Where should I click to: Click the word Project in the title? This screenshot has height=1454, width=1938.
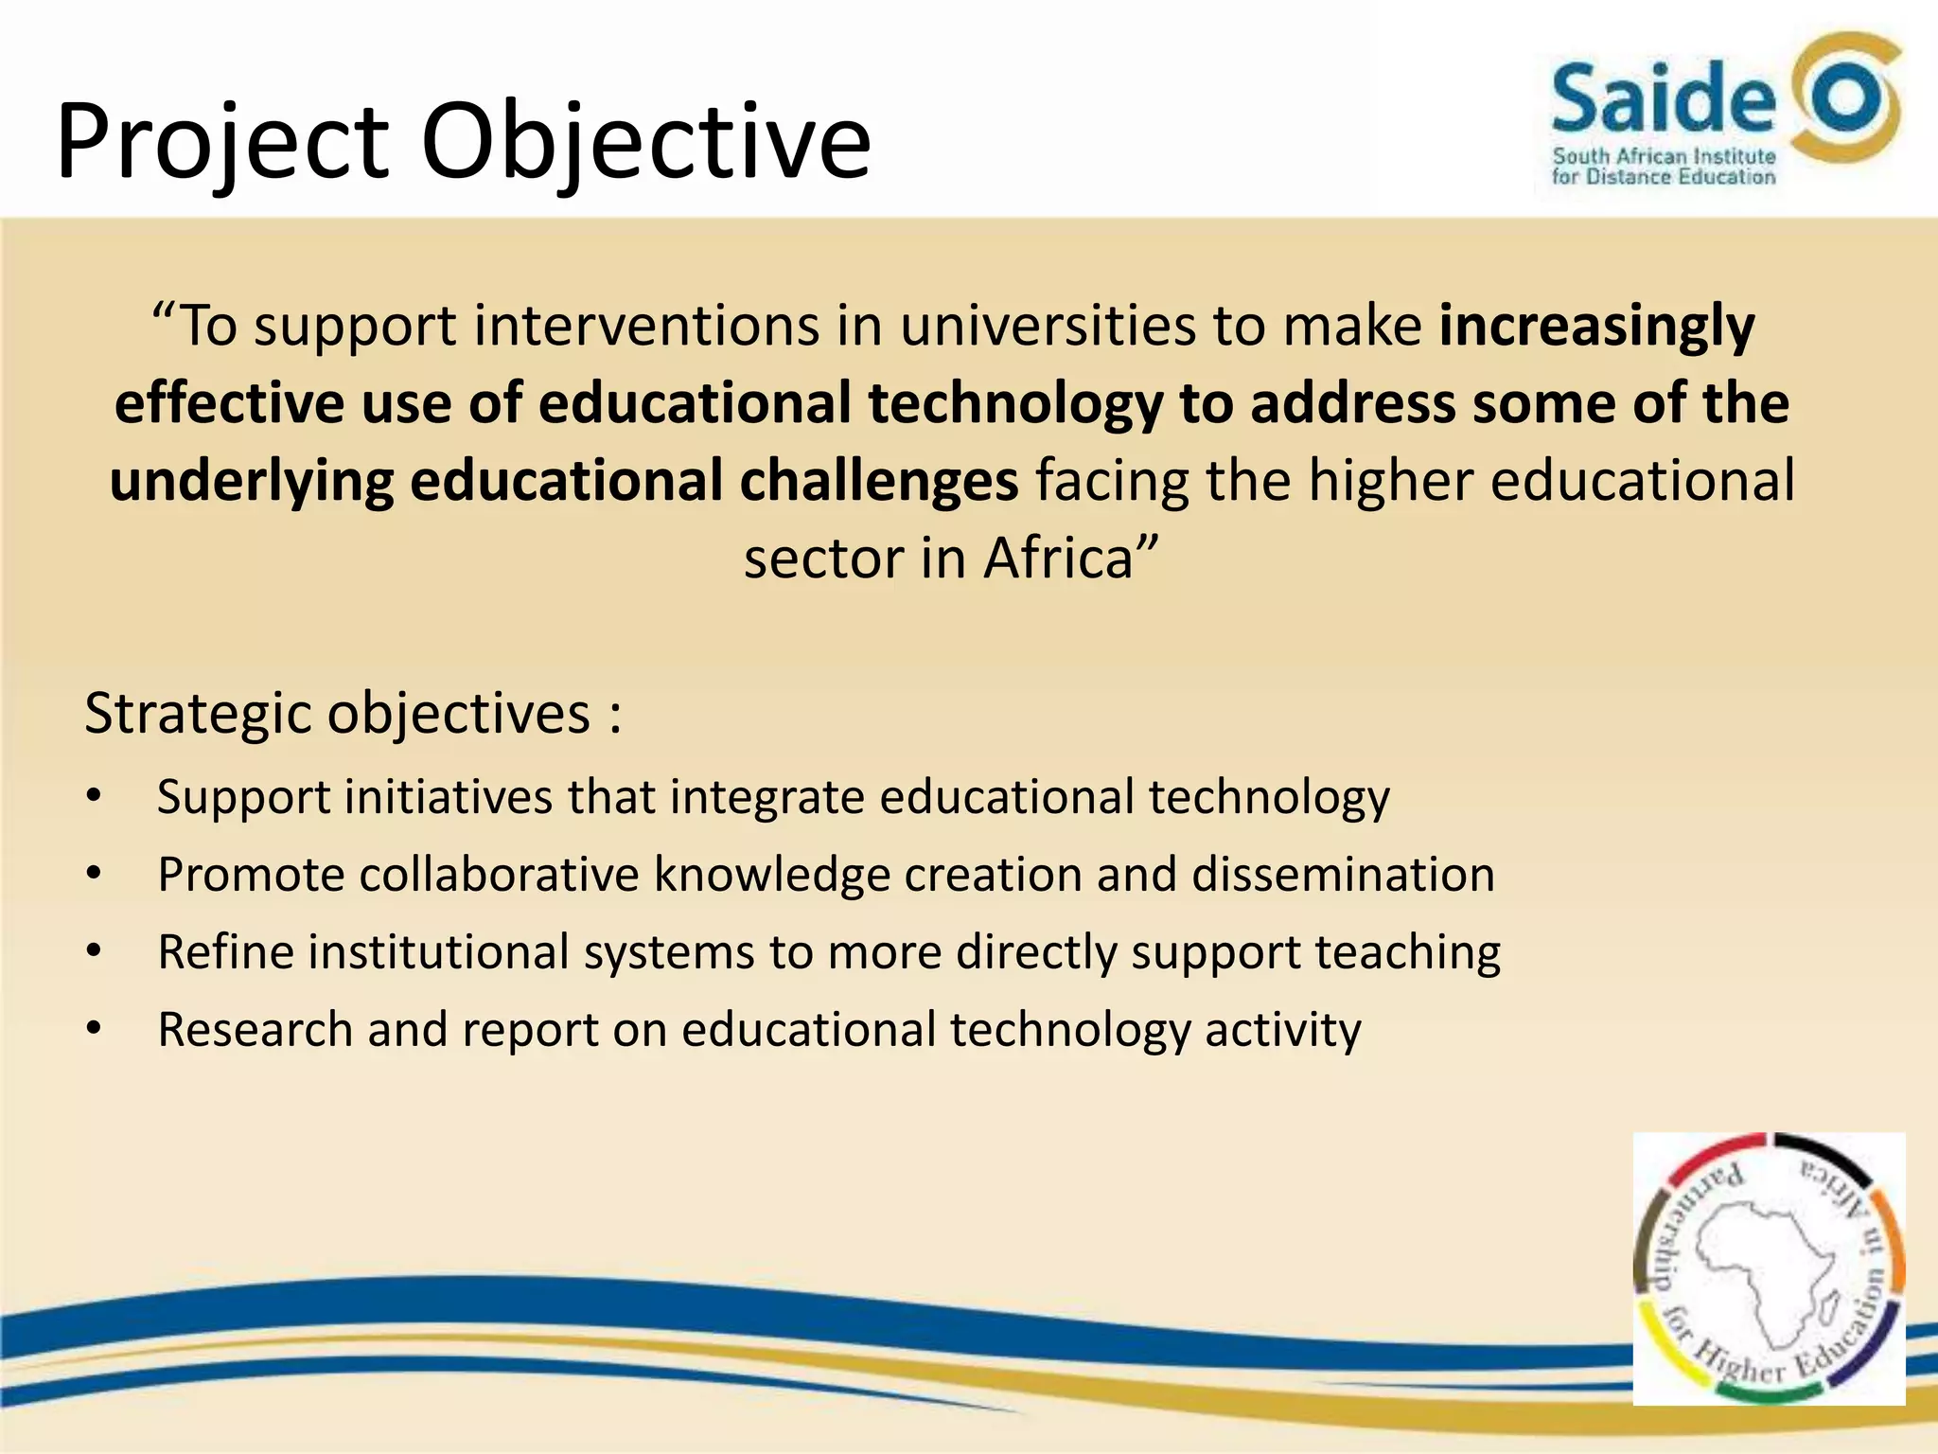click(222, 142)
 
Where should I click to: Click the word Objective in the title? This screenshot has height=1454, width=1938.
click(645, 142)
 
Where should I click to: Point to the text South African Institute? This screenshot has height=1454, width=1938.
click(1664, 155)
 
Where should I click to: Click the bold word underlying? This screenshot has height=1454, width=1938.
click(252, 480)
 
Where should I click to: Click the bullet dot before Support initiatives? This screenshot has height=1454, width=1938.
click(93, 796)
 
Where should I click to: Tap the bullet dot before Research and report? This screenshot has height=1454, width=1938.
click(93, 1029)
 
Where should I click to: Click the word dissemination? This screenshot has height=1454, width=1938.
click(1343, 874)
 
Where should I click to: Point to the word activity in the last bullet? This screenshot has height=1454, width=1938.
click(1282, 1029)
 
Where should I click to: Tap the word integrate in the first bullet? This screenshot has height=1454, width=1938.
click(766, 796)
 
